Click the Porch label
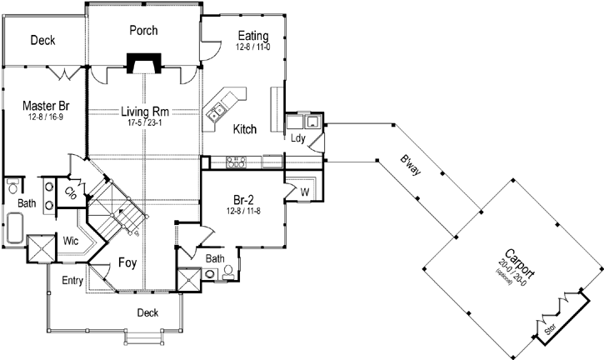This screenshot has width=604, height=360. (x=143, y=31)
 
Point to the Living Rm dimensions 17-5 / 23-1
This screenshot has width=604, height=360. (x=143, y=122)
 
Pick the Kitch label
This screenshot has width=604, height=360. (x=244, y=129)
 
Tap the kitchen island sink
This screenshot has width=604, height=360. (x=220, y=107)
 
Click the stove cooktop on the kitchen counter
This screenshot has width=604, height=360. (x=237, y=160)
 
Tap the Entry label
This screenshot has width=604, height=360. (x=72, y=281)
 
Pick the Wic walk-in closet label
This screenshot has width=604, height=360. (x=72, y=240)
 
